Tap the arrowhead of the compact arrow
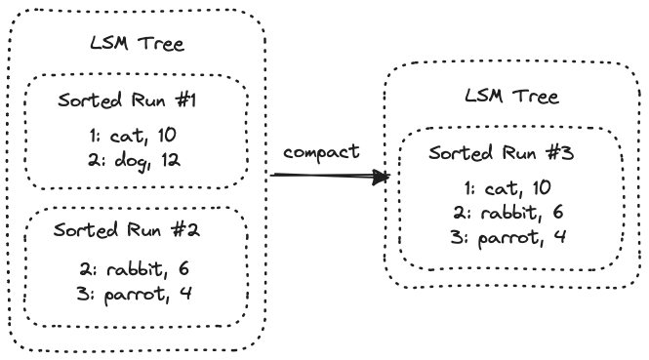click(x=385, y=178)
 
